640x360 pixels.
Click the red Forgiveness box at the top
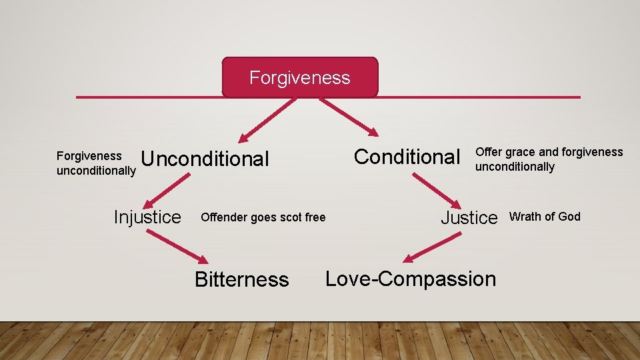point(299,77)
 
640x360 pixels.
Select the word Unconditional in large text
point(205,159)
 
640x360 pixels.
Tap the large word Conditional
point(407,157)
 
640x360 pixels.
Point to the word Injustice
point(147,217)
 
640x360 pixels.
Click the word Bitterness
point(241,279)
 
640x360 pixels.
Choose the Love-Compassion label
point(411,279)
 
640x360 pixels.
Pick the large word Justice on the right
point(469,217)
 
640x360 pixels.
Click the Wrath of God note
point(545,217)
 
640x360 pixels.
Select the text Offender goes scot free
point(263,217)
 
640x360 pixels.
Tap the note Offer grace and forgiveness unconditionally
point(549,159)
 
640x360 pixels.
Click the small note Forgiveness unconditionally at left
point(96,163)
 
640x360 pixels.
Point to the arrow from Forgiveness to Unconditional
point(263,120)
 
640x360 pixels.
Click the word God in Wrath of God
point(569,217)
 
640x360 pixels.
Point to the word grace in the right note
point(516,152)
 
